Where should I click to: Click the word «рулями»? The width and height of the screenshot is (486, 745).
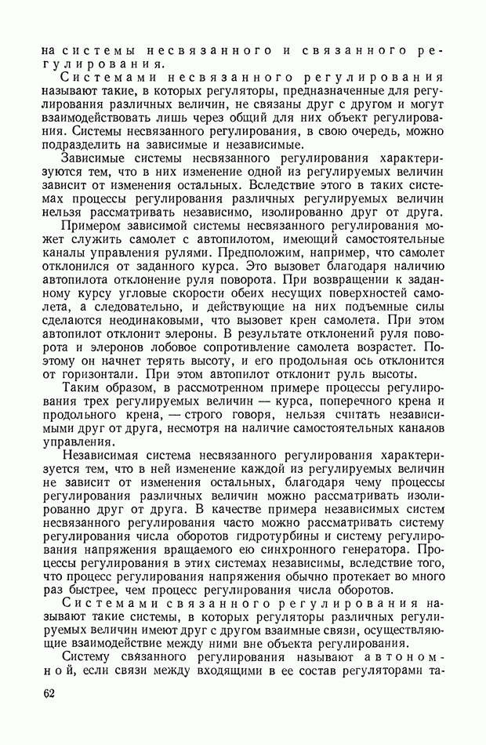209,253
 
